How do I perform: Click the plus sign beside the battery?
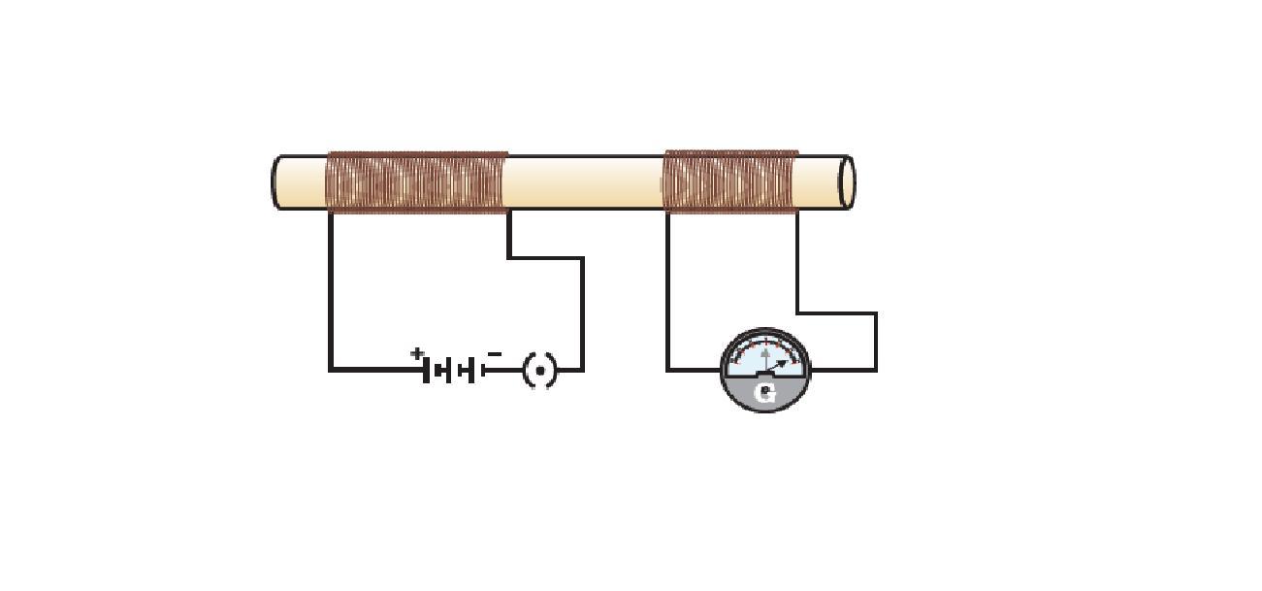point(416,354)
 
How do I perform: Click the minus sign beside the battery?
point(494,354)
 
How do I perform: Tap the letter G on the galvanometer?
point(764,394)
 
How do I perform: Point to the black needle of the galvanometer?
point(776,368)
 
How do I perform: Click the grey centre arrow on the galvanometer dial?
point(765,359)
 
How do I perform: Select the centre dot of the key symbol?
point(540,372)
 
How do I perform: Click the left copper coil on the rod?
point(417,182)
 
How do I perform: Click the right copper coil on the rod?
point(730,181)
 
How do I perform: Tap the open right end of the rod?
point(847,182)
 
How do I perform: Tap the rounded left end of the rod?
point(276,182)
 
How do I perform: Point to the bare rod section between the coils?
point(584,182)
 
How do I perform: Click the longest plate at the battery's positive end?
point(426,370)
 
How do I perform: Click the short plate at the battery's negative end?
point(483,370)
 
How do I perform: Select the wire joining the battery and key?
point(504,370)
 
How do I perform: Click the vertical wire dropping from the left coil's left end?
point(331,291)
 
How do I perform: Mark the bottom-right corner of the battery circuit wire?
point(582,370)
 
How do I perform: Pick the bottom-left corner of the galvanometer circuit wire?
point(667,370)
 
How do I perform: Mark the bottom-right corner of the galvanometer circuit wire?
point(876,370)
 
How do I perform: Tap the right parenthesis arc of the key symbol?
point(554,372)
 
